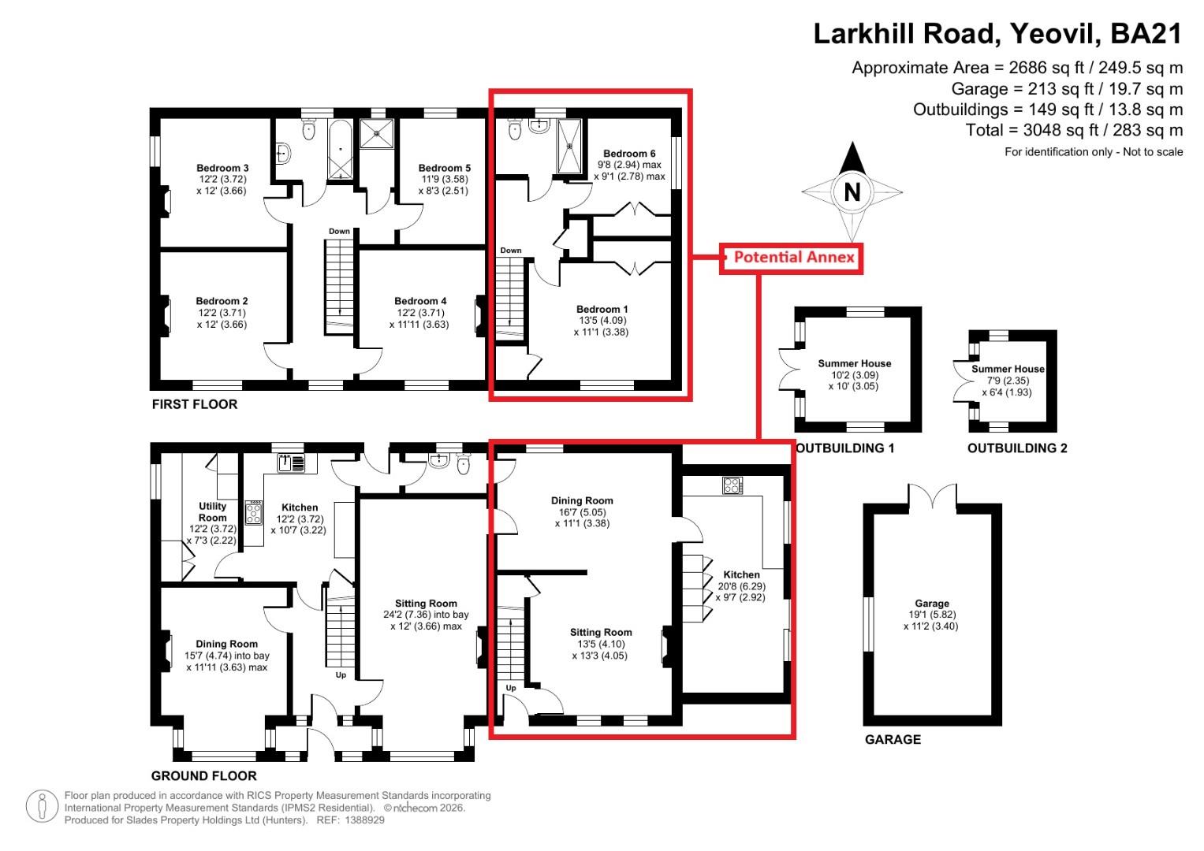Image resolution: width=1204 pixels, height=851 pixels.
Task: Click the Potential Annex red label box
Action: pos(792,258)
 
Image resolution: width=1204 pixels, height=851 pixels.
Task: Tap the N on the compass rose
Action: pos(852,192)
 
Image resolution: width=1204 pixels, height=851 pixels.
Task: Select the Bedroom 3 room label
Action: pos(222,168)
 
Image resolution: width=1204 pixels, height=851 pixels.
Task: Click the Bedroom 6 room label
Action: pos(629,154)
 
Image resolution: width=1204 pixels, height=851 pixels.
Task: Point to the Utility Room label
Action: pos(212,511)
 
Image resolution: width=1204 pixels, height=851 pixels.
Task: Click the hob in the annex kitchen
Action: pos(732,486)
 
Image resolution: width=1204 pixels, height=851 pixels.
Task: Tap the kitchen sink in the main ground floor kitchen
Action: pos(291,463)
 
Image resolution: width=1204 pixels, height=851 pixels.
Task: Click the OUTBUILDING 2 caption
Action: pos(1017,448)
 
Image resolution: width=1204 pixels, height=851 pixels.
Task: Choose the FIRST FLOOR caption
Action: pos(194,404)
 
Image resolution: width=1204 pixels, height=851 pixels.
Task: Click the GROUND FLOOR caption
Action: pos(203,775)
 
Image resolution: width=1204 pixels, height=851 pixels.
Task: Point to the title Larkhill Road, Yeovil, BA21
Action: pos(997,34)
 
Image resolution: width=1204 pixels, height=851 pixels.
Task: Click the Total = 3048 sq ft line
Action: pos(1074,130)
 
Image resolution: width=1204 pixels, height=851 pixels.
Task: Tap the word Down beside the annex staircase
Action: pos(511,251)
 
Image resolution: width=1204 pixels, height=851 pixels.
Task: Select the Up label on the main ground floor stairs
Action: pos(341,675)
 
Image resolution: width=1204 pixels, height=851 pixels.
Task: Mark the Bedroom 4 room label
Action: pos(420,301)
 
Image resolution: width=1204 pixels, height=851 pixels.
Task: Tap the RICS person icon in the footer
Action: pos(43,807)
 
